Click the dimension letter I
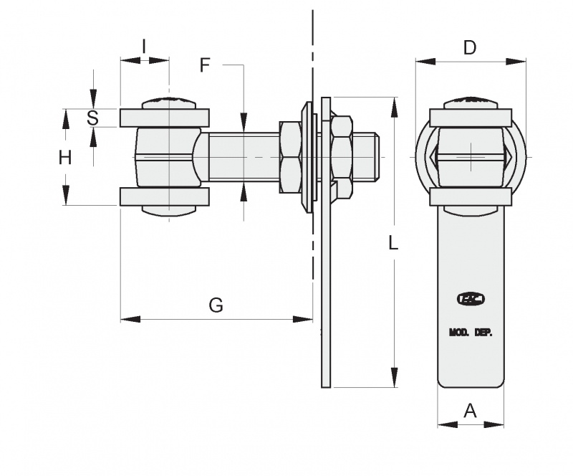(x=144, y=47)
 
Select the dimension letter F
(x=205, y=65)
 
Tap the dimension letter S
(x=92, y=118)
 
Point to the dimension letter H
(x=65, y=158)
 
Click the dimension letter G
(x=216, y=305)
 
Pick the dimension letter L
(x=393, y=243)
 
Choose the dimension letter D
(x=470, y=48)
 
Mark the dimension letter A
(x=470, y=411)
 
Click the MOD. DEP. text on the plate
(x=471, y=333)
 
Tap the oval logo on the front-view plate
(x=471, y=299)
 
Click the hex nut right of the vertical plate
(x=342, y=157)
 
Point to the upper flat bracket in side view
(x=164, y=118)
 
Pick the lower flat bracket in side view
(x=164, y=197)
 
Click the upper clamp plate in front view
(x=471, y=118)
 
